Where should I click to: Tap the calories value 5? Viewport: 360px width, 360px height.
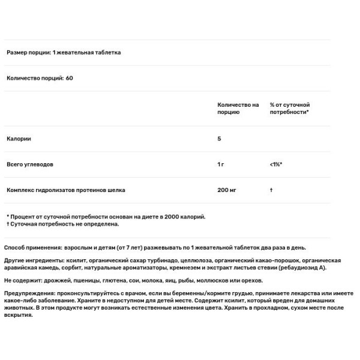point(219,139)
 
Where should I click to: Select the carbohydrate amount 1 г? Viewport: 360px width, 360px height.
point(221,164)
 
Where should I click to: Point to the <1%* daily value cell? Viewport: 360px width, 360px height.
point(276,164)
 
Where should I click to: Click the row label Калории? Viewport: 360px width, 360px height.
point(19,139)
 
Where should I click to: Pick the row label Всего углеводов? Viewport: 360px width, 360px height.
point(31,164)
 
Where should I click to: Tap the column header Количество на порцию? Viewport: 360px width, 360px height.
point(238,108)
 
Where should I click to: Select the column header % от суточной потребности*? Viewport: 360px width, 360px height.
point(290,108)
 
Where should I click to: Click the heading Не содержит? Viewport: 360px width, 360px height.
point(23,280)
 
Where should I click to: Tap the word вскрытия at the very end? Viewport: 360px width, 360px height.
point(17,315)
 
